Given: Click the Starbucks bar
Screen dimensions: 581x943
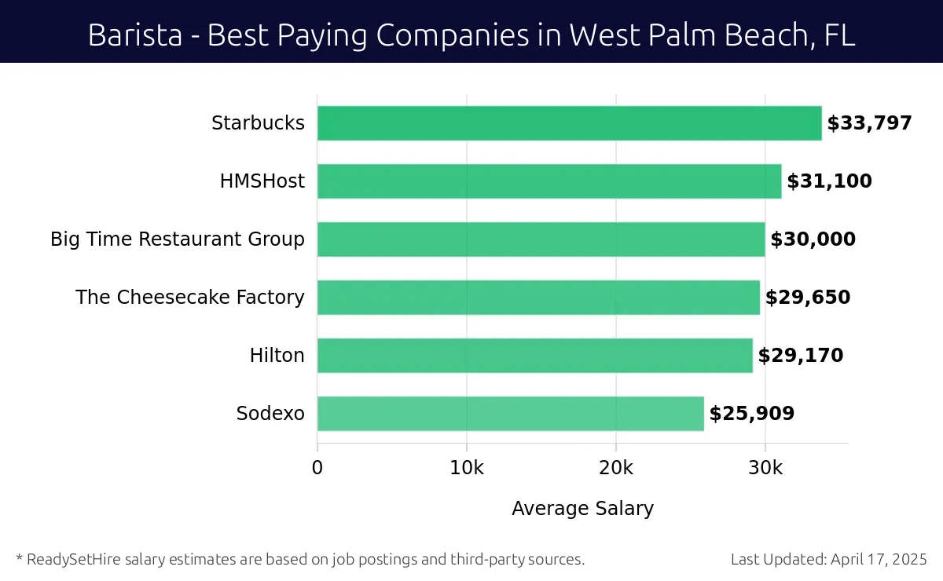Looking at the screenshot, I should (569, 123).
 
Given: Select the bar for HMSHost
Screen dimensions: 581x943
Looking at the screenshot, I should (549, 181).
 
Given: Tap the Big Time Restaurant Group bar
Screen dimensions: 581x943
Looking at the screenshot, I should (541, 239).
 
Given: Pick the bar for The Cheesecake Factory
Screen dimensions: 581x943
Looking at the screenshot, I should (538, 298).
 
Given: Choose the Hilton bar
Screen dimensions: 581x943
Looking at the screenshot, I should (534, 356).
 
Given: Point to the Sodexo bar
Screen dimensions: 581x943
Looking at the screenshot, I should (510, 414).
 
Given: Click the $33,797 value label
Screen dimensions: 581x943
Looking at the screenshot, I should (869, 123).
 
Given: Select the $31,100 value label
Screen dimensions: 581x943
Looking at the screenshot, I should (829, 181).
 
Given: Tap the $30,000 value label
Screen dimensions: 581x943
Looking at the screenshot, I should (813, 239).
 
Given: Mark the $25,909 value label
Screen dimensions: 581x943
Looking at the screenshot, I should (752, 414).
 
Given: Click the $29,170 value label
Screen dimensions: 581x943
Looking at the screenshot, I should (800, 356).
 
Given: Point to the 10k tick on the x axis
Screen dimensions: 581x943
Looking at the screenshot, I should (467, 468).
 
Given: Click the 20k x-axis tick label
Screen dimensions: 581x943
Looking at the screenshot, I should (615, 468).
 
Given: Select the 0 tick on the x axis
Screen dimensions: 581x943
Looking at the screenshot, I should (317, 468).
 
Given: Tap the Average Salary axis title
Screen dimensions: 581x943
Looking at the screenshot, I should (582, 509).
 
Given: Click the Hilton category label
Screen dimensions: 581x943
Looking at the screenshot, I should (277, 356).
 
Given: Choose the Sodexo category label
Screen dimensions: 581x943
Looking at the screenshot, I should (270, 414).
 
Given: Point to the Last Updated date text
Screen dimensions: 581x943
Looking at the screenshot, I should (828, 560).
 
